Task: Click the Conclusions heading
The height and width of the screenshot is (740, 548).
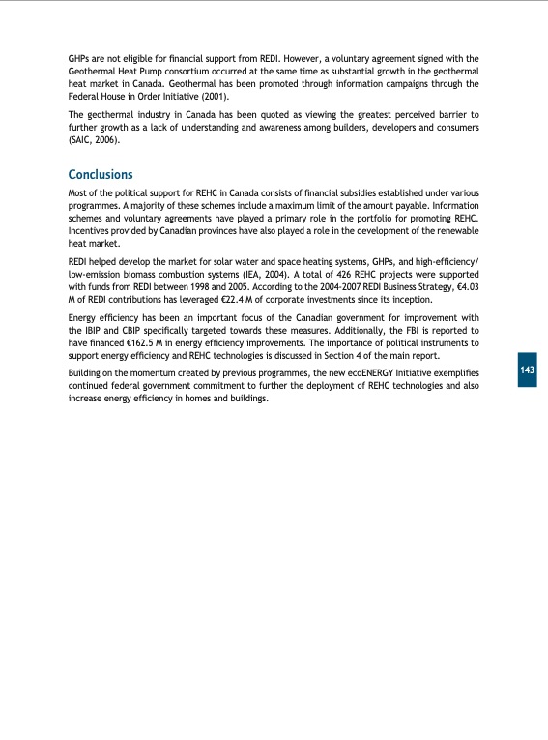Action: click(x=100, y=174)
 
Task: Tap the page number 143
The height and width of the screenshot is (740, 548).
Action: click(x=527, y=371)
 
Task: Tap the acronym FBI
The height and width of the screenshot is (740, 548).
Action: click(x=396, y=331)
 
